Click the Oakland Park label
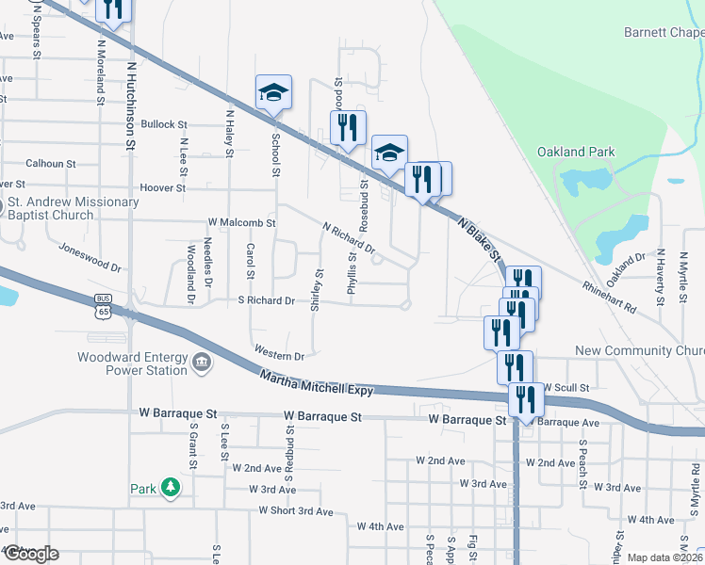[x=576, y=152]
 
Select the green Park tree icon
[x=171, y=488]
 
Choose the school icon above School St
[x=273, y=92]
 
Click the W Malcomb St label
[x=241, y=224]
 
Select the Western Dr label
[x=278, y=356]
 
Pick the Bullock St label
[x=164, y=124]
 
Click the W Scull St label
[x=566, y=387]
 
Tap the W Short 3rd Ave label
[x=296, y=511]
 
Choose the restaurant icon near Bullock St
[x=347, y=127]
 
